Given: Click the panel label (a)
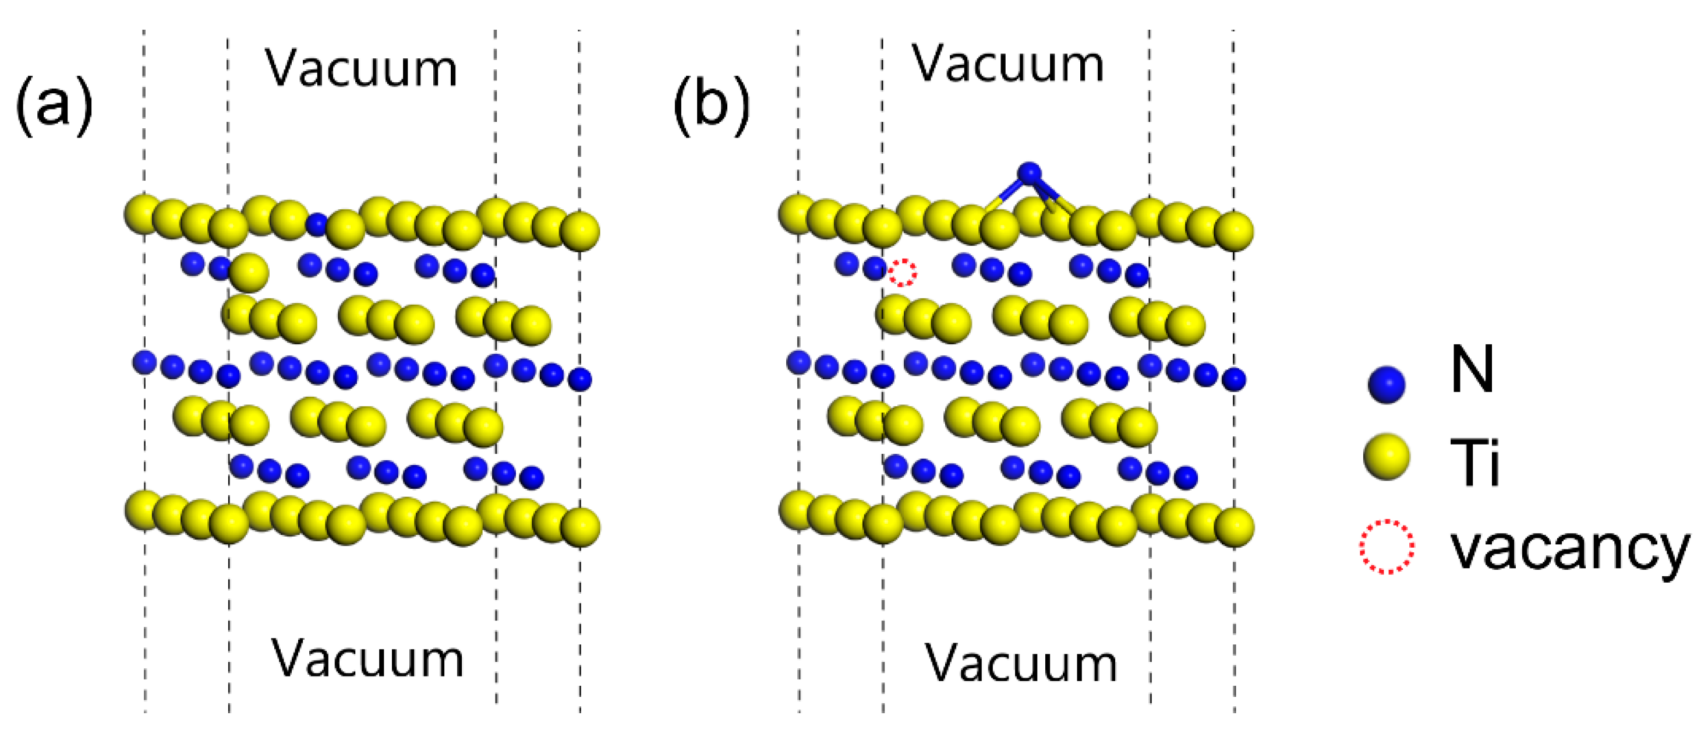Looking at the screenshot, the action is pos(54,105).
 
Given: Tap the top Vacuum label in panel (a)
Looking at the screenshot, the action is pos(362,68).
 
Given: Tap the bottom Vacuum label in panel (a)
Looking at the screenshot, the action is pos(367,658).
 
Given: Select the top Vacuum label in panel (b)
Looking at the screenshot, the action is pos(1008,64).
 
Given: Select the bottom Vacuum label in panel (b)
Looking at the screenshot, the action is pos(1021,663).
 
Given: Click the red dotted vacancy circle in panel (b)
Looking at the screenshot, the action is pos(903,273).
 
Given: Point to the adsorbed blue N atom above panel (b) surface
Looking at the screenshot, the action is pos(1029,173).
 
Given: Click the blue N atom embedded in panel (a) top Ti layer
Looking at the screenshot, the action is pos(317,224).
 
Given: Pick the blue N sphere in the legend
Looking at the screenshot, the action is pos(1387,384).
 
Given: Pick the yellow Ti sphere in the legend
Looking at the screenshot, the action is pos(1387,456).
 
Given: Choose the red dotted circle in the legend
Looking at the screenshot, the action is pos(1387,547).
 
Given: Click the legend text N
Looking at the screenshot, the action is pos(1472,369).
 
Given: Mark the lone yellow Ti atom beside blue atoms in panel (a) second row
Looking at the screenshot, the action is pos(249,272).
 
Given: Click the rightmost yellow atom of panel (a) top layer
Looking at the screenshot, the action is pos(580,231).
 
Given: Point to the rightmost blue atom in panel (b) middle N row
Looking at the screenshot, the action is pos(1234,379).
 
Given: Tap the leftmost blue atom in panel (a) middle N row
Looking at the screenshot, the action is pos(144,362).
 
